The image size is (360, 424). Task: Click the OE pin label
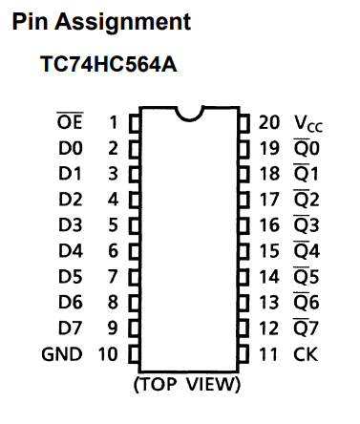[x=70, y=121]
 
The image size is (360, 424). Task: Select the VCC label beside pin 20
[x=308, y=123]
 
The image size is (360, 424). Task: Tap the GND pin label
[x=62, y=354]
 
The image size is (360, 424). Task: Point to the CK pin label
[x=306, y=354]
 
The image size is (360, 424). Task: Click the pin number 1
[x=114, y=122]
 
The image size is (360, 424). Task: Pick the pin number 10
[x=108, y=354]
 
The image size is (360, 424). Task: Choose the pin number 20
[x=269, y=122]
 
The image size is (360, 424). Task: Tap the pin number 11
[x=268, y=354]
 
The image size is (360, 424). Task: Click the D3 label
[x=71, y=225]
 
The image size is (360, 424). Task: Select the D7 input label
[x=71, y=328]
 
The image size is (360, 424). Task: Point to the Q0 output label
[x=307, y=147]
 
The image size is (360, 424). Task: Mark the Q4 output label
[x=307, y=250]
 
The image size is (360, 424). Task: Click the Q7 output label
[x=306, y=328]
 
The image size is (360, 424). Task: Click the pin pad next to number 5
[x=135, y=225]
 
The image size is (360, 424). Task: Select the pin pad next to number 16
[x=244, y=225]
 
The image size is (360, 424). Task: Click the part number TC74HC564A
[x=109, y=64]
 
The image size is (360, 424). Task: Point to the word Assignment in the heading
[x=123, y=23]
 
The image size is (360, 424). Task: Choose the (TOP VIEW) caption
[x=187, y=384]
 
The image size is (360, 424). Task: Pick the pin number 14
[x=269, y=277]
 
